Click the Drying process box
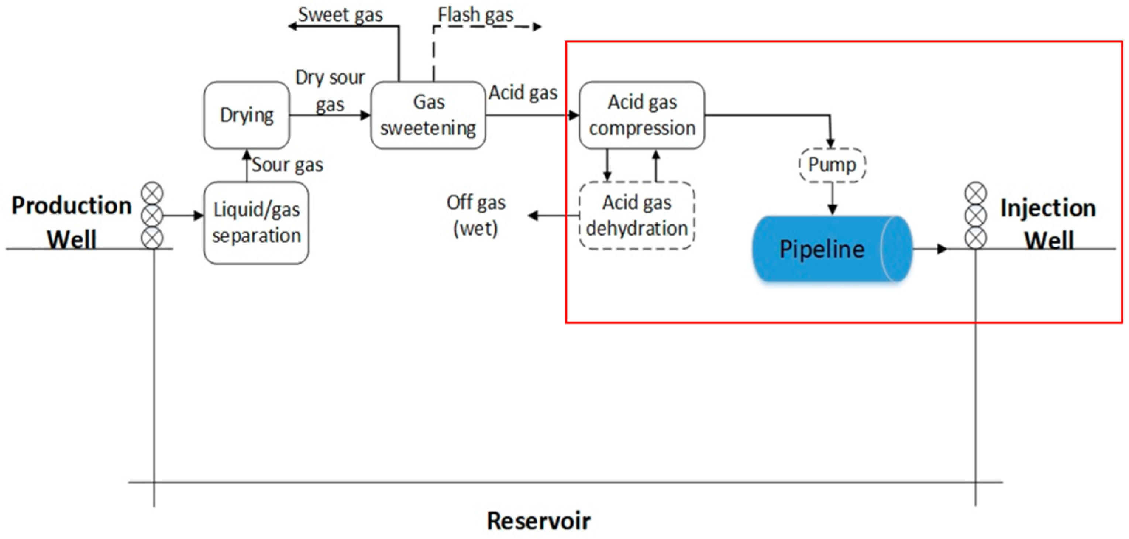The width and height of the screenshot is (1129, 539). click(x=247, y=115)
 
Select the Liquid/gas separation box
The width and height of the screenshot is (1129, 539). click(x=257, y=223)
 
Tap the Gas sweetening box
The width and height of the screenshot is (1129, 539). click(x=428, y=115)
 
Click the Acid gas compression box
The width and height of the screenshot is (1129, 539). click(x=642, y=115)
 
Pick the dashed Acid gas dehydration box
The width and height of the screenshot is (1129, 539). click(x=637, y=215)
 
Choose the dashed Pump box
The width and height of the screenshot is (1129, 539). click(x=832, y=165)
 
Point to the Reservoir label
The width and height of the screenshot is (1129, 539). click(x=538, y=521)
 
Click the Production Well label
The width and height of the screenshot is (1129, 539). click(x=72, y=222)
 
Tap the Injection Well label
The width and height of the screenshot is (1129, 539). click(x=1048, y=224)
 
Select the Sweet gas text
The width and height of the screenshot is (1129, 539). click(x=341, y=15)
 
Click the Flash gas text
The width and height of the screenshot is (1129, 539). click(x=475, y=15)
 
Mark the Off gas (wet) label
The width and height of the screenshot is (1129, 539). click(x=476, y=215)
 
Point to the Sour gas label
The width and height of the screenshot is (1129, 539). click(x=288, y=165)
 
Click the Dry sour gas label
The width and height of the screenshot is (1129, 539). click(x=330, y=90)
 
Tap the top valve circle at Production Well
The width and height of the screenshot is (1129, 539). click(x=152, y=193)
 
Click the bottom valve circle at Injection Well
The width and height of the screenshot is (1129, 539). click(x=976, y=238)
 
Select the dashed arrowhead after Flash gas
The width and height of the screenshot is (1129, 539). click(x=537, y=27)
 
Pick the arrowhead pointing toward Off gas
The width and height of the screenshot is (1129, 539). click(x=533, y=215)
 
